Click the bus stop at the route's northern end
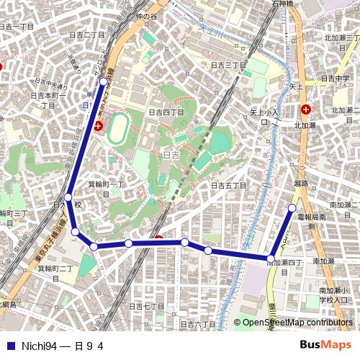pyautogui.click(x=104, y=81)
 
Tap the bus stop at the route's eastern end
pyautogui.click(x=292, y=208)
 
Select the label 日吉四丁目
pyautogui.click(x=166, y=112)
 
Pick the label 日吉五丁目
pyautogui.click(x=229, y=186)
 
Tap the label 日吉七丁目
pyautogui.click(x=146, y=306)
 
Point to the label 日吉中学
pyautogui.click(x=335, y=78)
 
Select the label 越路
pyautogui.click(x=300, y=184)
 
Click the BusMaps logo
pyautogui.click(x=325, y=345)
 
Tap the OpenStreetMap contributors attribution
pyautogui.click(x=297, y=323)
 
